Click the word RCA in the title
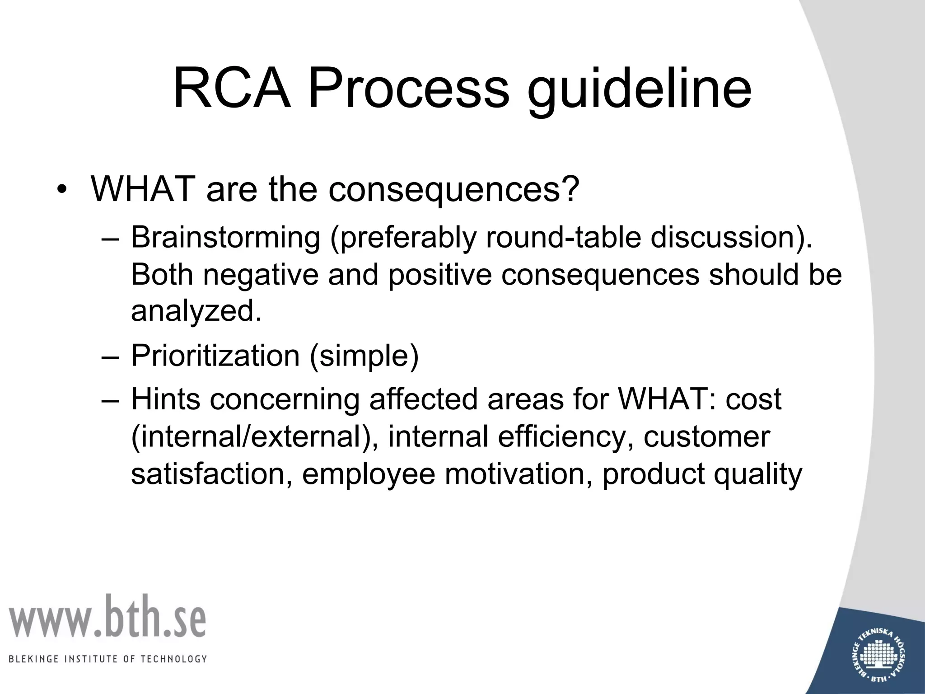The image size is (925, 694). (x=232, y=88)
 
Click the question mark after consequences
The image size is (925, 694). (x=570, y=189)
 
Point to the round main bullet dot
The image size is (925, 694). (x=61, y=190)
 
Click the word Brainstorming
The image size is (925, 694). (x=225, y=238)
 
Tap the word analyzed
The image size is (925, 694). (x=196, y=311)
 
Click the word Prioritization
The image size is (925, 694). (x=215, y=356)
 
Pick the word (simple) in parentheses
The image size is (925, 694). (x=364, y=356)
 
